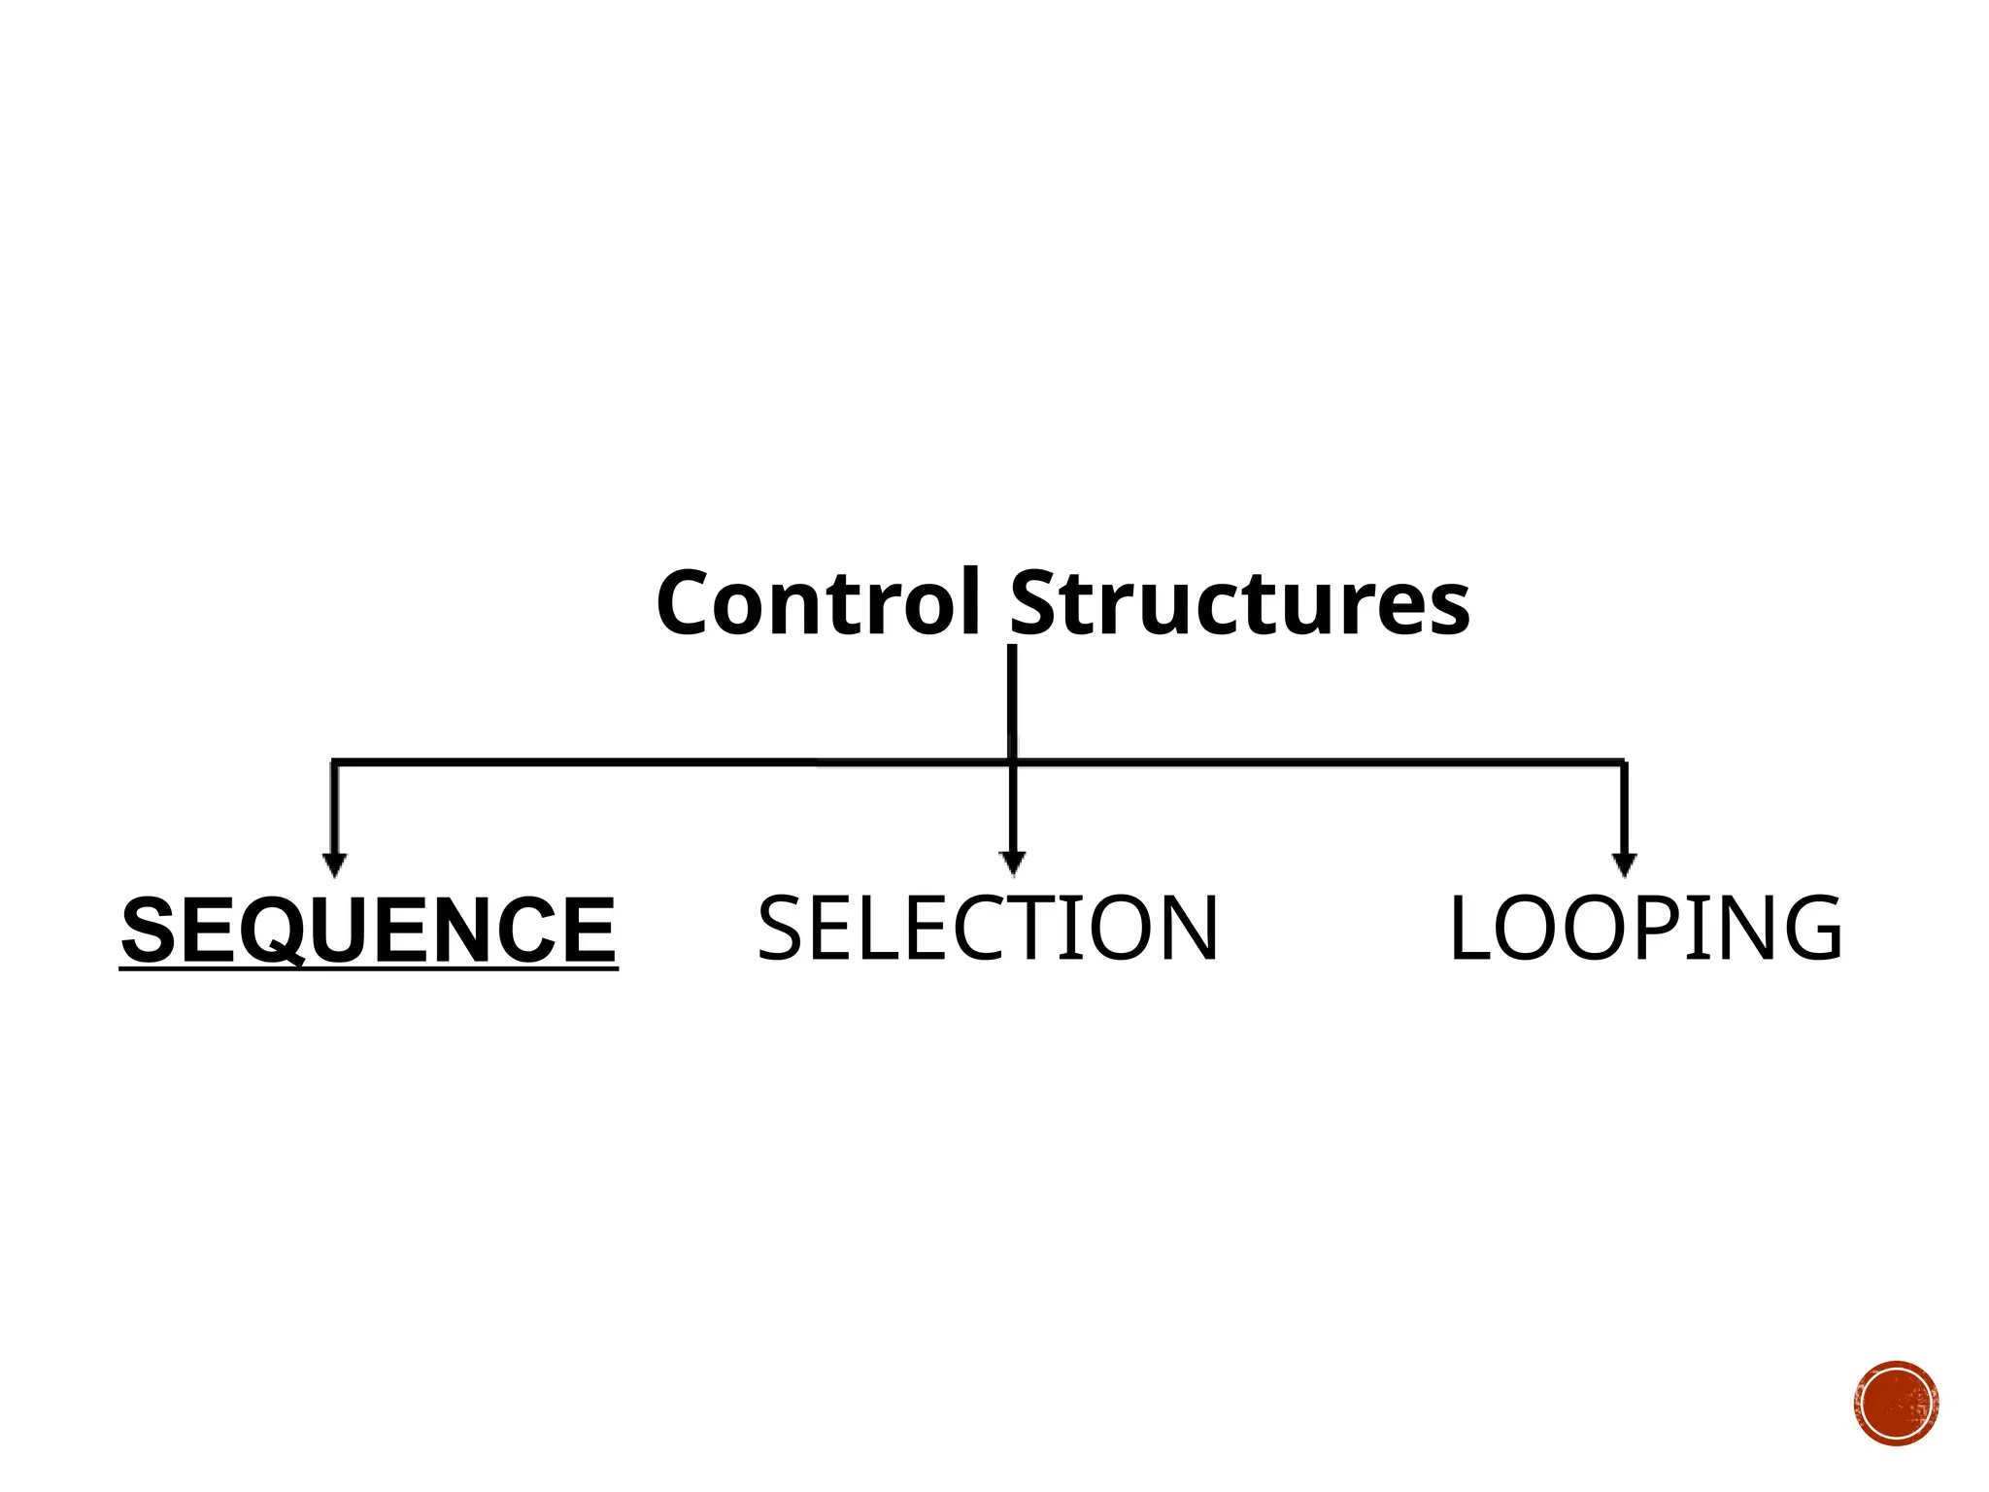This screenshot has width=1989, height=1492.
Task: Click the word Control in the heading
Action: [818, 604]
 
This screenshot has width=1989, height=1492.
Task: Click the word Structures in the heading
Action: [1239, 604]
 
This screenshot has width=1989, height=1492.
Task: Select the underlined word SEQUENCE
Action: [369, 931]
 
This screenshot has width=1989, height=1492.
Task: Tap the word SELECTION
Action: [987, 930]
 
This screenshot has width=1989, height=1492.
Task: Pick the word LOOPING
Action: [1645, 930]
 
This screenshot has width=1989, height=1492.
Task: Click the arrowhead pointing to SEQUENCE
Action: [334, 864]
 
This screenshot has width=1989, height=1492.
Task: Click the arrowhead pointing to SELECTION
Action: [1012, 862]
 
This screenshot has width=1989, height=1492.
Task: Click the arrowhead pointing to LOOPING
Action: [1624, 864]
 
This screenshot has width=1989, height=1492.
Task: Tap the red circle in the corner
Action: [1896, 1404]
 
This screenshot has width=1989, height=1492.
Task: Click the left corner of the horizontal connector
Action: [334, 763]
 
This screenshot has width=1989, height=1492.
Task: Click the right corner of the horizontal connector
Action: [1624, 763]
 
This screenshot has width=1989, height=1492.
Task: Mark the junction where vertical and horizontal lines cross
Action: [1012, 763]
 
